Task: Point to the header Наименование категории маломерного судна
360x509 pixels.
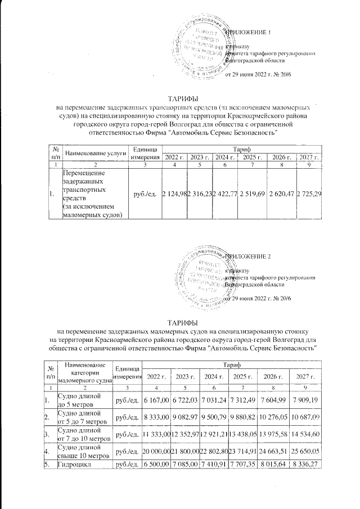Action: pos(85,372)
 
